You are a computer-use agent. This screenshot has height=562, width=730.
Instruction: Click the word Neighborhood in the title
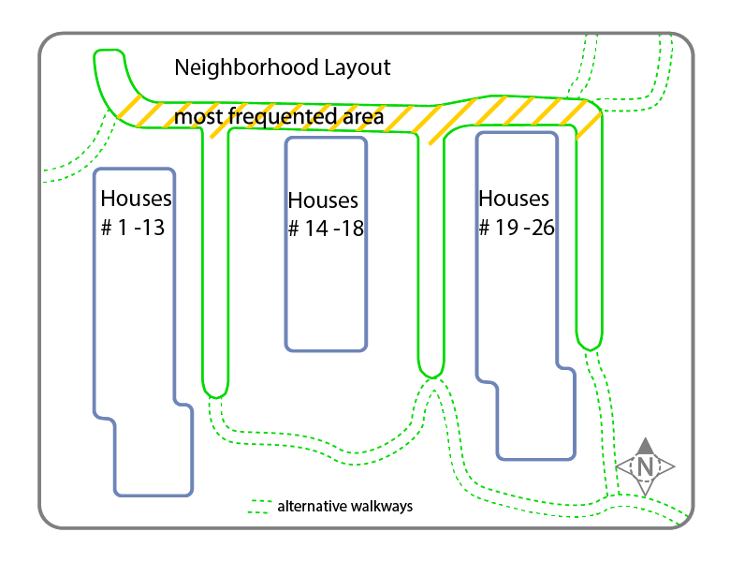coord(246,68)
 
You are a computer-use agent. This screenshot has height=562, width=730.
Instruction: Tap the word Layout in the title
coord(358,68)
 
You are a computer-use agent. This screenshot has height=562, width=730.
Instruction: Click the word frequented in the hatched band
coord(283,116)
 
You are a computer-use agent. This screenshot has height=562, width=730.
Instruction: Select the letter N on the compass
coord(645,467)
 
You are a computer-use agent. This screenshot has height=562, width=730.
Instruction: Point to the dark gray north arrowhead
coord(645,446)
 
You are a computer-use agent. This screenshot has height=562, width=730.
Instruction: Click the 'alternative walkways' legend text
coord(345,506)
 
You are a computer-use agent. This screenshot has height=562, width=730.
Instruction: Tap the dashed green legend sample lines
coord(260,507)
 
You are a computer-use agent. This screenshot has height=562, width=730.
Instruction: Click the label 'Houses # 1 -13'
coord(136,213)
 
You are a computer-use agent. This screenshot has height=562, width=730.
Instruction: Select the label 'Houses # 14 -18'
coord(326,214)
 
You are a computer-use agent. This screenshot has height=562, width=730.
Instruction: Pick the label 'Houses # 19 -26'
coord(517,213)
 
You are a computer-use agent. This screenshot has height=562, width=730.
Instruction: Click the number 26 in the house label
coord(543,228)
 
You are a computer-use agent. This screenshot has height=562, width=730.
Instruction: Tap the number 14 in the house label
coord(316,229)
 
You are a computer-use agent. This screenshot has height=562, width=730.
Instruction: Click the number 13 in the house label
coord(153,228)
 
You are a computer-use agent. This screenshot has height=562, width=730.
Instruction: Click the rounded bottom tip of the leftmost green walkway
coord(215,397)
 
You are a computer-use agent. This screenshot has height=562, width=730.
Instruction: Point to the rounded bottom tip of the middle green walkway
coord(431,377)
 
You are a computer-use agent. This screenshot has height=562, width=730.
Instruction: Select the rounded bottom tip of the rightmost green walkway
coord(590,349)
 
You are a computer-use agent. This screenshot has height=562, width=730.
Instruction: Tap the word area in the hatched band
coord(364,117)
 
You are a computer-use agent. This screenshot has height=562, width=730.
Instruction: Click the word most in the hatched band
coord(198,117)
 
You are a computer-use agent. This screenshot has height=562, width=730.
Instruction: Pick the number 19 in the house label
coord(506,228)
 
